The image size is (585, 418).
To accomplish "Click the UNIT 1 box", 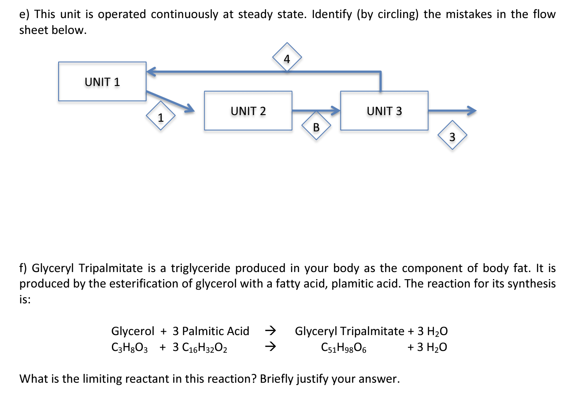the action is pyautogui.click(x=102, y=82).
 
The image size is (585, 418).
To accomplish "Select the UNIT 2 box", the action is pyautogui.click(x=248, y=111).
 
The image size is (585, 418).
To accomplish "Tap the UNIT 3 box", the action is pyautogui.click(x=384, y=111).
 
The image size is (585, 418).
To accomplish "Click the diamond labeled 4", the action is pyautogui.click(x=287, y=58).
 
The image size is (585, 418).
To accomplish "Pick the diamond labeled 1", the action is pyautogui.click(x=161, y=117).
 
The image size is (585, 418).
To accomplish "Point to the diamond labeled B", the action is pyautogui.click(x=316, y=127).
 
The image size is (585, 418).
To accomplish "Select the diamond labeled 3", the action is pyautogui.click(x=452, y=136).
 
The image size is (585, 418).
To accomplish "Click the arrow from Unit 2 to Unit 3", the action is pyautogui.click(x=316, y=111).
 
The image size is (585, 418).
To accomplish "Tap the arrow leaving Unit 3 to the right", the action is pyautogui.click(x=452, y=111).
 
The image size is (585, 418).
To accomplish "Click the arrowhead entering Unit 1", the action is pyautogui.click(x=151, y=71).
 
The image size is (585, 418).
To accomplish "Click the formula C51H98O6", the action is pyautogui.click(x=344, y=347).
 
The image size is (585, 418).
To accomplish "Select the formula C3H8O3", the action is pyautogui.click(x=130, y=347).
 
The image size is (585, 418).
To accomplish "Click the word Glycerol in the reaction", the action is pyautogui.click(x=133, y=331).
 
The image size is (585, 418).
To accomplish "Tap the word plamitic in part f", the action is pyautogui.click(x=353, y=284).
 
